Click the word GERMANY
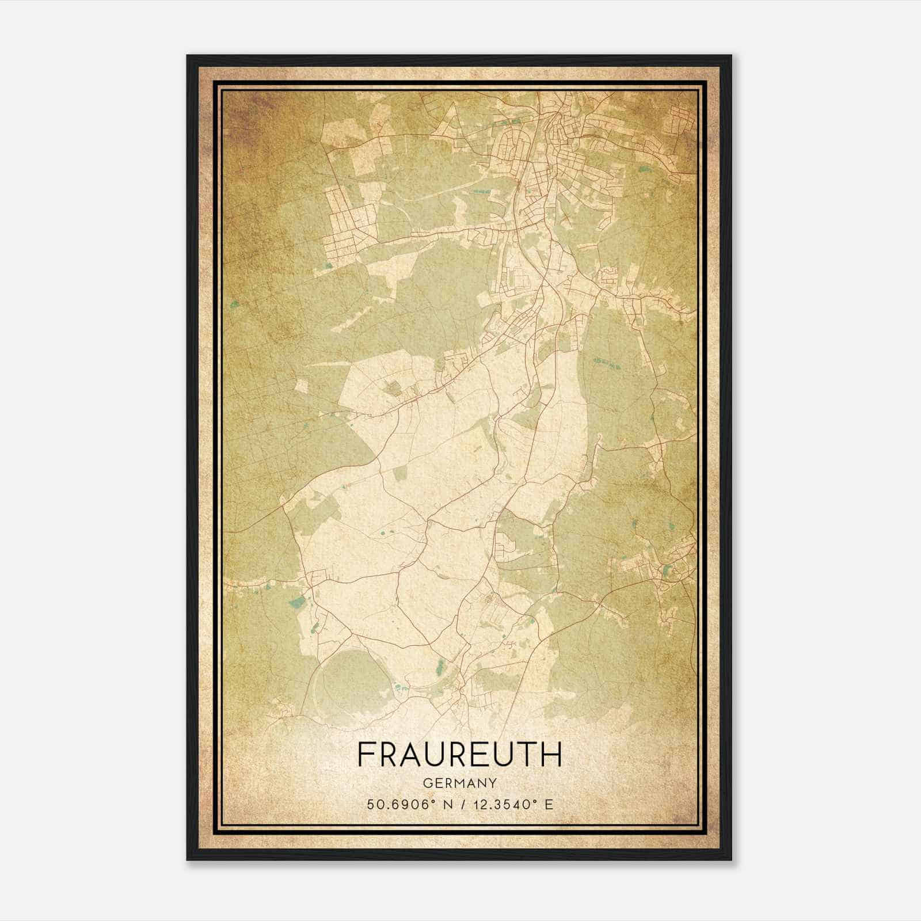pyautogui.click(x=459, y=783)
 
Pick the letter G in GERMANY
pyautogui.click(x=427, y=783)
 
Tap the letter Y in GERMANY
pyautogui.click(x=493, y=783)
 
